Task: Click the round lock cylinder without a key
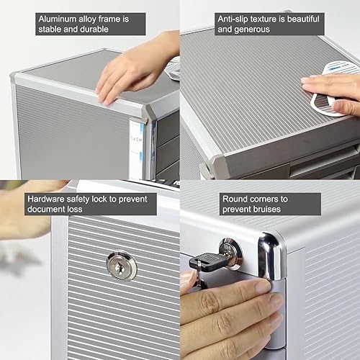click(x=121, y=265)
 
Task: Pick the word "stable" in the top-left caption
click(x=51, y=30)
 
